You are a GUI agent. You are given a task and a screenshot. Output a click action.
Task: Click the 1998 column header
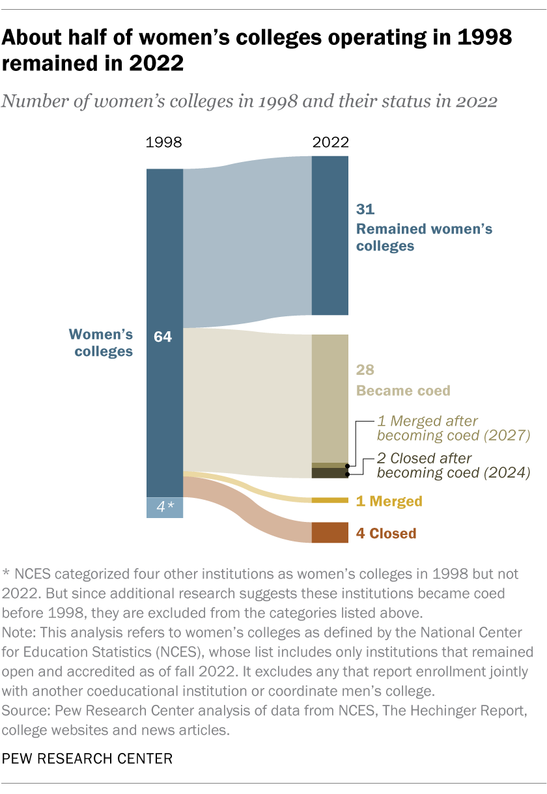164,143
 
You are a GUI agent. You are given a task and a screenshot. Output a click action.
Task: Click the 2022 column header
330,143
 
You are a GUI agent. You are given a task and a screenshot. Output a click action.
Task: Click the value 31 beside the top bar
365,209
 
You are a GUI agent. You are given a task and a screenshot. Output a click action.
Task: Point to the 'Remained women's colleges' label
423,238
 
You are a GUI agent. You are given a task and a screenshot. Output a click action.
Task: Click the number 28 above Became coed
365,370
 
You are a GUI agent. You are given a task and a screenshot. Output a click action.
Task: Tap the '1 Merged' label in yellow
389,501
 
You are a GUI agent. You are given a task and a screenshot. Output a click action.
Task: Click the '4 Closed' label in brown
386,534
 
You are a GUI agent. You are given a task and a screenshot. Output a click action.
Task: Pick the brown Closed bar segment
330,532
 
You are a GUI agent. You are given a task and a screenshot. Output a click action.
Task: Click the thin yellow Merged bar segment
330,500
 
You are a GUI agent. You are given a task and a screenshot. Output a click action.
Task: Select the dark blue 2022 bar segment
330,236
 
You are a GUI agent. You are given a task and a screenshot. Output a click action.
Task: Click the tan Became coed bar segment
330,397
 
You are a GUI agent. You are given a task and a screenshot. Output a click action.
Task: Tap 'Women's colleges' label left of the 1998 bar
101,343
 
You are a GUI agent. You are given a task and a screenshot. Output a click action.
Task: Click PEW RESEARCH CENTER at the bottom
87,758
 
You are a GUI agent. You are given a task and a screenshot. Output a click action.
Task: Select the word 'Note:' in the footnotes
20,630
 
